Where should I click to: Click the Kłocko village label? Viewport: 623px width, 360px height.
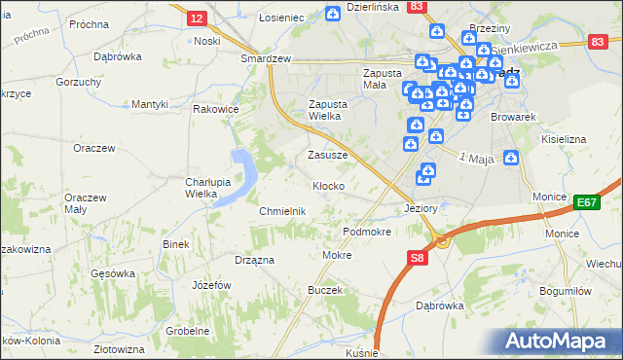[x=327, y=185]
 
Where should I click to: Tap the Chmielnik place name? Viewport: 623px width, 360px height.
[x=283, y=211]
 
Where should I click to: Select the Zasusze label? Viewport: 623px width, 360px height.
[x=327, y=155]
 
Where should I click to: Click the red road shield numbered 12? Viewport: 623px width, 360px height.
[x=197, y=18]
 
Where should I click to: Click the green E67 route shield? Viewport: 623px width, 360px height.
[x=586, y=202]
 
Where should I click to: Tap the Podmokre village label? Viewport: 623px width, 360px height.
[x=367, y=233]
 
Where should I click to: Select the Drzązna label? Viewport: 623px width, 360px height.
[x=254, y=260]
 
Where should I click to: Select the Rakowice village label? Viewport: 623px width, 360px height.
[x=216, y=110]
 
